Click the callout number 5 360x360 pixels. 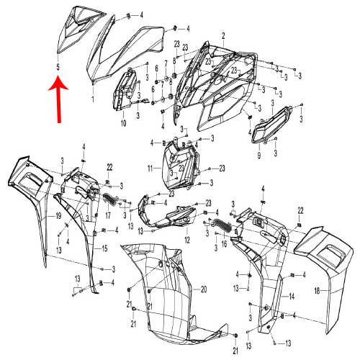click(x=58, y=67)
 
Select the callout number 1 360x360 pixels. click(x=93, y=99)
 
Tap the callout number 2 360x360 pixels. click(x=223, y=36)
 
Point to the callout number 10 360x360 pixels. click(x=123, y=124)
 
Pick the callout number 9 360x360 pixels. click(x=259, y=156)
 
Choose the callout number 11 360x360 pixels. click(x=150, y=168)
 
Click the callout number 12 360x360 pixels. click(x=187, y=240)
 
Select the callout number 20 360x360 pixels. click(x=204, y=289)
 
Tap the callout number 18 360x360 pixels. click(x=317, y=291)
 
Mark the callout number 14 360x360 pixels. click(x=292, y=297)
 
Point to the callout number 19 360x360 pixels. click(x=58, y=216)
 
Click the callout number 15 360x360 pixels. click(x=104, y=248)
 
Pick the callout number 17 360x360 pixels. click(x=108, y=215)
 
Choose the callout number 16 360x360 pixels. click(x=224, y=244)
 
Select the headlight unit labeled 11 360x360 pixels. click(x=181, y=164)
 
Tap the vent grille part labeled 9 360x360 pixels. click(x=271, y=125)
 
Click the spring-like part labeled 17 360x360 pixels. click(x=109, y=199)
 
